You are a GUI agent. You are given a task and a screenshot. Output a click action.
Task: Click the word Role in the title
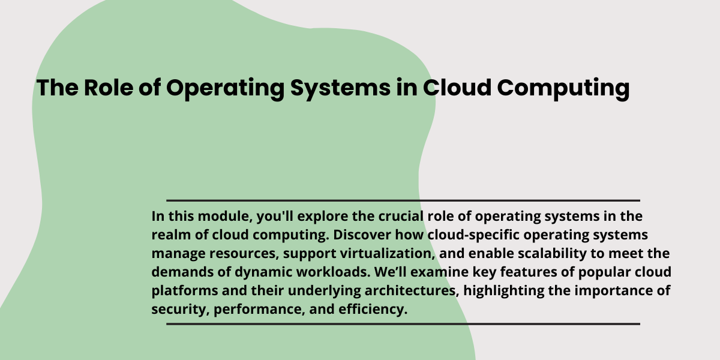109,88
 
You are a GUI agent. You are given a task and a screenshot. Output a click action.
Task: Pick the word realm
172,235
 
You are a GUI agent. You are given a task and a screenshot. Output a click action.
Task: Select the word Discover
362,235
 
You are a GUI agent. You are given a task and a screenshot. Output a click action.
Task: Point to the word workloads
333,272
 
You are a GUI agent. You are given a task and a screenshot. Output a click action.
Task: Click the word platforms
185,291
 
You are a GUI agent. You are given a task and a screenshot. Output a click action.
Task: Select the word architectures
412,291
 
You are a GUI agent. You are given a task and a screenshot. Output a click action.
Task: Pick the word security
181,310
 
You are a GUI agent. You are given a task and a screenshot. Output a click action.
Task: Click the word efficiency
373,310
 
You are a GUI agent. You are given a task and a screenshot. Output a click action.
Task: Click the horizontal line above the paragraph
403,200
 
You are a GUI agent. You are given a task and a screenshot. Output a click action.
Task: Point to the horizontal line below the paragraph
403,324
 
